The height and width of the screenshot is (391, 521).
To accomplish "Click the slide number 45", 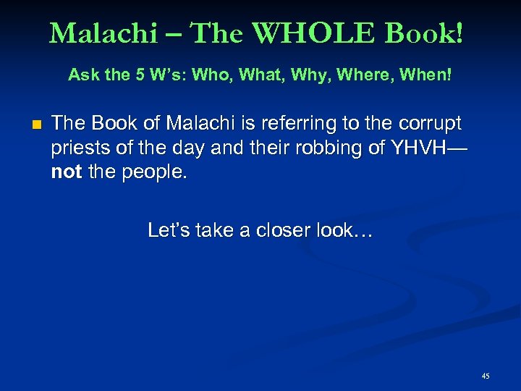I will click(485, 376).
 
